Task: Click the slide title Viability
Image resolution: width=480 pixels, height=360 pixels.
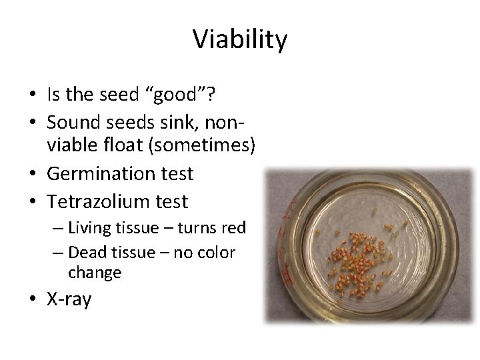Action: pyautogui.click(x=240, y=40)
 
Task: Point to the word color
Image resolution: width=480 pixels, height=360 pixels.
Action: pyautogui.click(x=215, y=253)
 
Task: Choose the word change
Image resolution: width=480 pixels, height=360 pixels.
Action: pyautogui.click(x=95, y=273)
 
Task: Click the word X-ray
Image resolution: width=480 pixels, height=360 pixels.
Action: pyautogui.click(x=69, y=299)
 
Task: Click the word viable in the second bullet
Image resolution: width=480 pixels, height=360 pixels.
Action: pyautogui.click(x=70, y=147)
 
